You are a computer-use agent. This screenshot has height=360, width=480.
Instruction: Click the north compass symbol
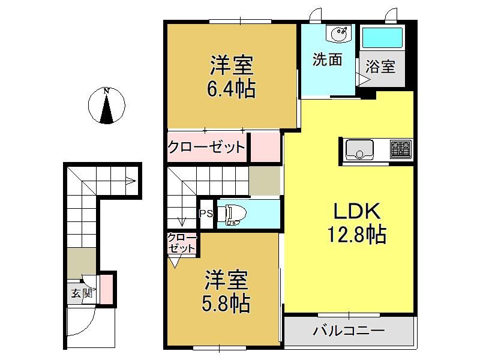click(x=107, y=106)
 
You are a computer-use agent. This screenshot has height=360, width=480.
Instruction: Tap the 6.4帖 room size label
click(x=231, y=89)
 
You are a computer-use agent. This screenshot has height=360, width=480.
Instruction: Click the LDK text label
click(x=356, y=211)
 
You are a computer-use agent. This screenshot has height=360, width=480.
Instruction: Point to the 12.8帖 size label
click(x=356, y=235)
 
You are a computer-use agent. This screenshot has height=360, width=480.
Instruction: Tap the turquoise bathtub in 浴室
click(x=382, y=38)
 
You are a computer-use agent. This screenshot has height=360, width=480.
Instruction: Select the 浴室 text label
click(x=380, y=66)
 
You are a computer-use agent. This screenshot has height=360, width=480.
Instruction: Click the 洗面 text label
click(x=327, y=59)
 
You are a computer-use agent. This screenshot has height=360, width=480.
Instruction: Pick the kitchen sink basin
click(x=359, y=149)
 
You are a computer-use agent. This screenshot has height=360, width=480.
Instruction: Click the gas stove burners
click(x=401, y=149)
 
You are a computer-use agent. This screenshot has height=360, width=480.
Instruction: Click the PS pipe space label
click(x=206, y=214)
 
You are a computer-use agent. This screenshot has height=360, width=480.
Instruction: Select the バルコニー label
click(x=349, y=331)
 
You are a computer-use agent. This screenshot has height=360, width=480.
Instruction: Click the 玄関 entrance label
click(x=82, y=293)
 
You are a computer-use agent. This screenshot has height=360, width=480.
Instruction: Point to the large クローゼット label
click(x=206, y=147)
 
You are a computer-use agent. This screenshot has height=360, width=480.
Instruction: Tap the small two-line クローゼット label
click(x=182, y=242)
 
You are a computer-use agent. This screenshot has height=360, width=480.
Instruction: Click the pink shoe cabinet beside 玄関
click(x=106, y=289)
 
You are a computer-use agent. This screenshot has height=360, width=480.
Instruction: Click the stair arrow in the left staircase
click(x=131, y=181)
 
